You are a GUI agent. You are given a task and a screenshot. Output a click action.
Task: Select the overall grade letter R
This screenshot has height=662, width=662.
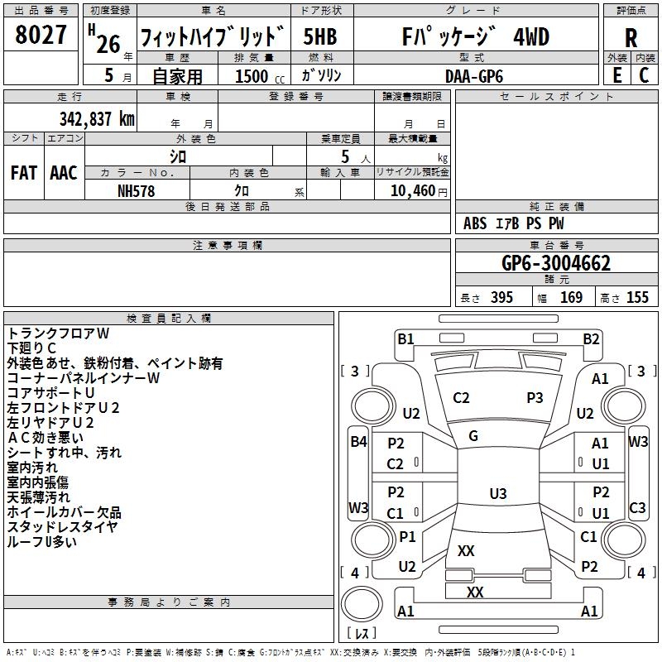click(x=631, y=38)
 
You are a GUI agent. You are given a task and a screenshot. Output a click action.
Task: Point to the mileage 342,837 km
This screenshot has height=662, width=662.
click(x=97, y=119)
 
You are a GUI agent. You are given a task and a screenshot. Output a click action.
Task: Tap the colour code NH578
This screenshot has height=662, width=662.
click(x=137, y=190)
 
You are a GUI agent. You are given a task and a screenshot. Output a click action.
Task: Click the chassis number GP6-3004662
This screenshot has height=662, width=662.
click(x=556, y=264)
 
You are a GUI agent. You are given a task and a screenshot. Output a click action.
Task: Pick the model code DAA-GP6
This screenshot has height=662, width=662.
click(x=473, y=75)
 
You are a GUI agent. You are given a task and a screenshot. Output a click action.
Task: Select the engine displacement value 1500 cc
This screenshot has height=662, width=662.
click(x=259, y=76)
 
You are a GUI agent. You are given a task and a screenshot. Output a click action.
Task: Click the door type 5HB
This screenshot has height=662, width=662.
click(x=320, y=37)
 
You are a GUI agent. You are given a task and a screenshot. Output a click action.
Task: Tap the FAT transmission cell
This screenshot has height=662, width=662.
click(x=24, y=172)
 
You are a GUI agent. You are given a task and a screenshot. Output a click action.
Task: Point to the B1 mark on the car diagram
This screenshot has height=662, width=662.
click(x=405, y=338)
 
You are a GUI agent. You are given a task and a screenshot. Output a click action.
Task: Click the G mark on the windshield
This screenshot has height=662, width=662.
click(x=473, y=436)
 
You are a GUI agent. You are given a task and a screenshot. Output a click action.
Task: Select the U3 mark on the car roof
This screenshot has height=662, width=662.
click(x=497, y=494)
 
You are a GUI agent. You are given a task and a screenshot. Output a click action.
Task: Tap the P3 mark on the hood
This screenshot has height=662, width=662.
click(x=535, y=398)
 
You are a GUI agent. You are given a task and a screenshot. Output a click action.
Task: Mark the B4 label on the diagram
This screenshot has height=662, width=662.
click(x=358, y=442)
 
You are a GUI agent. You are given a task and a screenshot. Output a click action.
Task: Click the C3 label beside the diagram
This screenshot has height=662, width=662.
click(x=637, y=508)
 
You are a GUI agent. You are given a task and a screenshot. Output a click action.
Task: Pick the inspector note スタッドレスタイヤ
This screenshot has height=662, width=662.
click(x=62, y=527)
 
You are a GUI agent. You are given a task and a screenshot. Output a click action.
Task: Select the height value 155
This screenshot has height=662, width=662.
click(x=637, y=298)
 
